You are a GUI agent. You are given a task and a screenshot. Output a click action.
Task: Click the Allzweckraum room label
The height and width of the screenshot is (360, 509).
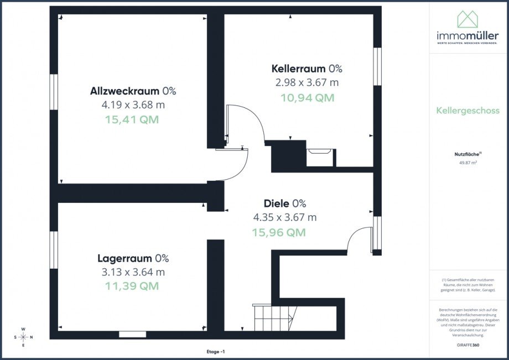pyautogui.click(x=126, y=91)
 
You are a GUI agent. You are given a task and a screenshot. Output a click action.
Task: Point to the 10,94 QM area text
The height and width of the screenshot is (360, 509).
pyautogui.click(x=307, y=97)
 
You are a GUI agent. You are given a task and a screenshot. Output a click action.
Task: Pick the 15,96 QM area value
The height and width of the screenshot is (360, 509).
pyautogui.click(x=279, y=232)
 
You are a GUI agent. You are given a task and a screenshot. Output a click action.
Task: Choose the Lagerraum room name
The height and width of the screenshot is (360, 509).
pyautogui.click(x=126, y=258)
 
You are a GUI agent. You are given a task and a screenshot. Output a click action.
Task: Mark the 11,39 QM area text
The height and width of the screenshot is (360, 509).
pyautogui.click(x=132, y=286)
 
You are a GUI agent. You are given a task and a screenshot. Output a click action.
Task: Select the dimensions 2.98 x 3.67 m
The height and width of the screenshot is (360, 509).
pyautogui.click(x=307, y=82)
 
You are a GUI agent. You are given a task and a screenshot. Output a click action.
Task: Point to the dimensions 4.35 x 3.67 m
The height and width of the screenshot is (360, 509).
pyautogui.click(x=284, y=217)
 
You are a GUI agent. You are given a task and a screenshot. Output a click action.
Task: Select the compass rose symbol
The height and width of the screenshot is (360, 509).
pyautogui.click(x=23, y=337)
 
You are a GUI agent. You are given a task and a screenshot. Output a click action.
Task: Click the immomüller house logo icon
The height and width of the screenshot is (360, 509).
pyautogui.click(x=468, y=19)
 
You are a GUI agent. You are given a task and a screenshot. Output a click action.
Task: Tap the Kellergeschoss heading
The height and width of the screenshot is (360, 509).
pyautogui.click(x=468, y=111)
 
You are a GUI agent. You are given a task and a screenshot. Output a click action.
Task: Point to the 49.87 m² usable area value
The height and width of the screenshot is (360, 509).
pyautogui.click(x=468, y=163)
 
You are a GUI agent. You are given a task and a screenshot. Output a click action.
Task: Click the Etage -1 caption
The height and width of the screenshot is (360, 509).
pyautogui.click(x=215, y=351)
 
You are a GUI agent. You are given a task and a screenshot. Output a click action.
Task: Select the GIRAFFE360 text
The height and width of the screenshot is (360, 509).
pyautogui.click(x=468, y=345)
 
